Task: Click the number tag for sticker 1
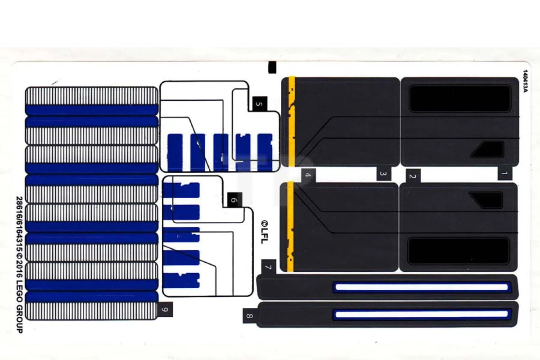pos(505,173)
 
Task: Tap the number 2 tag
pos(413,176)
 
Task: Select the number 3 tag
pos(384,173)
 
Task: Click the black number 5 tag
pos(260,104)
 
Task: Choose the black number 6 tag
pos(234,200)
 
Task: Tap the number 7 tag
pos(268,267)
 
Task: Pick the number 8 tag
pos(250,315)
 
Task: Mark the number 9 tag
pos(165,309)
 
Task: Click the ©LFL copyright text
pos(265,232)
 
